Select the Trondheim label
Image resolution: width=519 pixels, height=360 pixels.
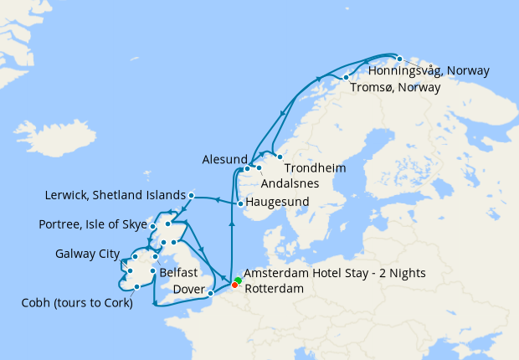(316, 168)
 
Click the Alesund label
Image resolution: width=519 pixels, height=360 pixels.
(224, 159)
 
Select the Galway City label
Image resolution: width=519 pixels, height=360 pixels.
(88, 254)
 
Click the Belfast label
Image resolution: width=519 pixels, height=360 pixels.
(178, 273)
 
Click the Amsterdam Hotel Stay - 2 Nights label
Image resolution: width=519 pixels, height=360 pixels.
(335, 274)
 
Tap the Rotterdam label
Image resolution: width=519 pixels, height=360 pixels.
(273, 288)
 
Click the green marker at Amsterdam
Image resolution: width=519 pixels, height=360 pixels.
(238, 280)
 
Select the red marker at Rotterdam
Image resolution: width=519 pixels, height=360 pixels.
(234, 287)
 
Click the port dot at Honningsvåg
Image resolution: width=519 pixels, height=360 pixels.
(400, 59)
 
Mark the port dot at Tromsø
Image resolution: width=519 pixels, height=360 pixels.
(346, 78)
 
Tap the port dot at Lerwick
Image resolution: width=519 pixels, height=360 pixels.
(192, 195)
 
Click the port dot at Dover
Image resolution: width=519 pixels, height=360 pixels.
(211, 293)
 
